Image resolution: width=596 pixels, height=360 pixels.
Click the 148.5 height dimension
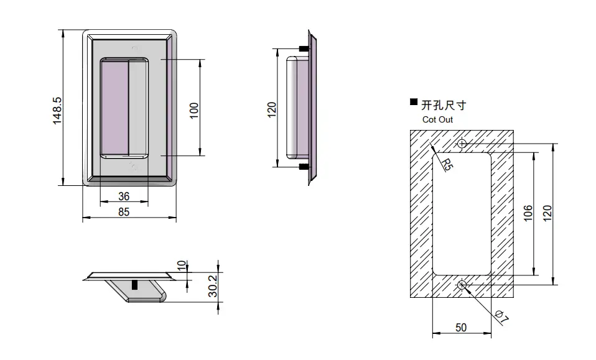[x=57, y=111]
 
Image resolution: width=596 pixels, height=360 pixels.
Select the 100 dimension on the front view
[x=194, y=111]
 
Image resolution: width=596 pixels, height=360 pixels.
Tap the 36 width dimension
[x=124, y=196]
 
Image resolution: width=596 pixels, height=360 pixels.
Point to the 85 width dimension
[x=124, y=212]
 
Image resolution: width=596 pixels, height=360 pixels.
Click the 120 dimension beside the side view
[x=272, y=110]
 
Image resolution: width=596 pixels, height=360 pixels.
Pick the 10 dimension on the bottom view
[x=182, y=265]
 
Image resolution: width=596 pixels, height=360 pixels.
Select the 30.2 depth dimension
[x=213, y=286]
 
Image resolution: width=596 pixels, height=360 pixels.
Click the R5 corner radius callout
[x=447, y=164]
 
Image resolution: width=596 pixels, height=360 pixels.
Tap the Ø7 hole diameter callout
[x=501, y=317]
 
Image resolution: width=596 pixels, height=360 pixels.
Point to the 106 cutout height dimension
[x=528, y=213]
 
